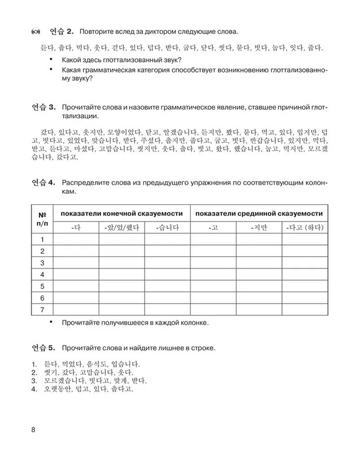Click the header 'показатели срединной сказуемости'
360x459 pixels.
[259, 213]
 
